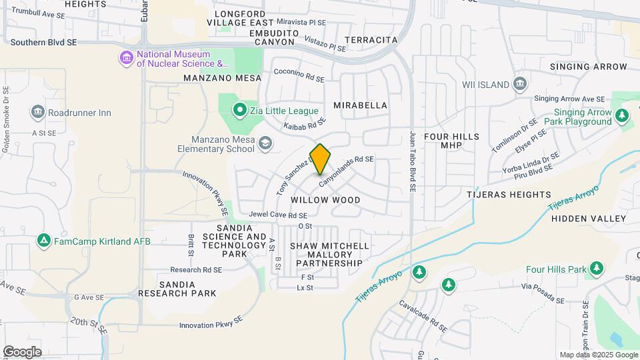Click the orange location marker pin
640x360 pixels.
(321, 159)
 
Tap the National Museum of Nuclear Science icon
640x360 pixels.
(127, 59)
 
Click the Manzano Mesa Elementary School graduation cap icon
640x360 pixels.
(265, 143)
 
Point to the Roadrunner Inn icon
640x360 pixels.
(37, 112)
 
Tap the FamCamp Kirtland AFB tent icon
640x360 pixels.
(44, 240)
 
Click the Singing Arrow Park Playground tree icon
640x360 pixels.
(622, 116)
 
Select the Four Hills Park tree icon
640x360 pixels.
(597, 269)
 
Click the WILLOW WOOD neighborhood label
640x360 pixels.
(325, 200)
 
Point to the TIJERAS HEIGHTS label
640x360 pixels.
(513, 195)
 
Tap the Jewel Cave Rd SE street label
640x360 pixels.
(278, 215)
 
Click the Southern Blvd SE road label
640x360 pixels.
(44, 42)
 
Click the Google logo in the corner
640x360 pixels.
(21, 352)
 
